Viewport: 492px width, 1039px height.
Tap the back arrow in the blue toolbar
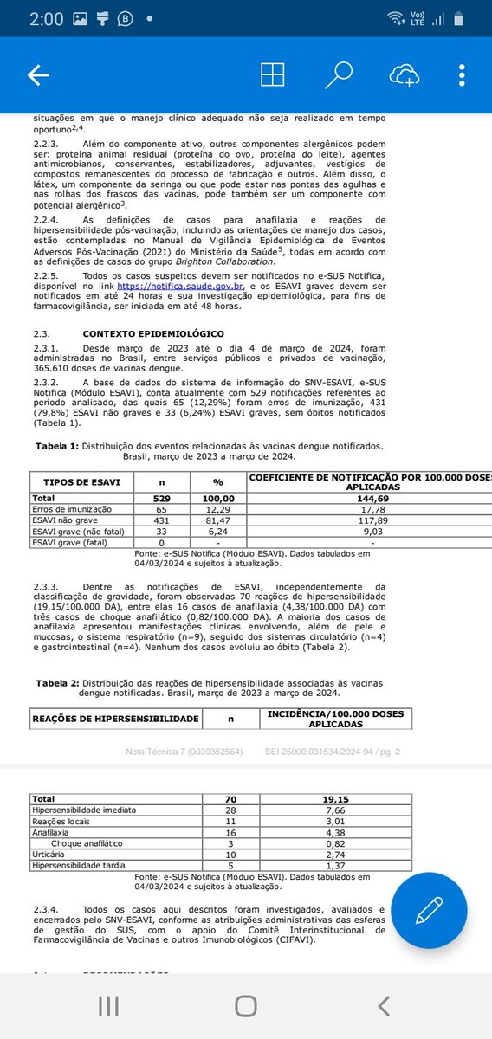[38, 76]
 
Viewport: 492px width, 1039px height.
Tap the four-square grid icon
[273, 76]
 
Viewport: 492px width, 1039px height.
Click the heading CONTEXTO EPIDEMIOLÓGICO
[153, 333]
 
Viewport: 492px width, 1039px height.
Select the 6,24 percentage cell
[224, 532]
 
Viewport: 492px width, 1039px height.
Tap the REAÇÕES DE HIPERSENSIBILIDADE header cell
[115, 719]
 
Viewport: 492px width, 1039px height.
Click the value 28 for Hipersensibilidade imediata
[230, 810]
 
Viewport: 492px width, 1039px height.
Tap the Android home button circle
[246, 1005]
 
